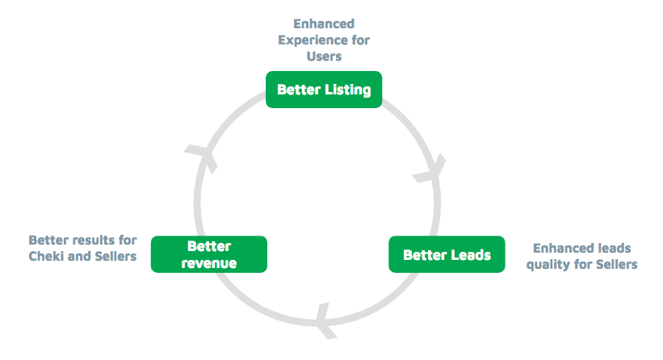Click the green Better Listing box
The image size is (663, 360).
point(324,90)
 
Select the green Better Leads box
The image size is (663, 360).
point(447,254)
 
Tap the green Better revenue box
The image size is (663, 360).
point(209,254)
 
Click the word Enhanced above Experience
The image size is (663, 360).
point(324,23)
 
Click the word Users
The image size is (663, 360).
point(324,57)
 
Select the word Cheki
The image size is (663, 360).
point(47,256)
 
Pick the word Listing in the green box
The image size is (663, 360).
point(347,90)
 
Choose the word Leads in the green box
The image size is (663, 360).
point(470,255)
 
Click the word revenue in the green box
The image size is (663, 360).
point(209,263)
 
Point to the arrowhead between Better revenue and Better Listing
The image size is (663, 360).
point(203,157)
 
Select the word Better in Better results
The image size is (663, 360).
point(47,240)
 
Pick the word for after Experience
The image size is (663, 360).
point(360,40)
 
